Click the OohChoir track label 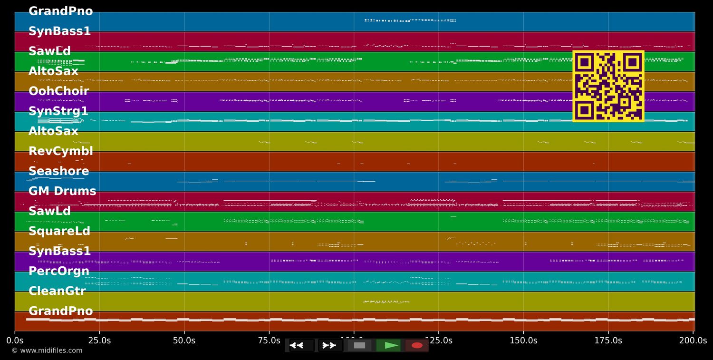point(58,91)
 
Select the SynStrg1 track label point(58,111)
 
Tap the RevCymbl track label point(60,151)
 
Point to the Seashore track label point(58,171)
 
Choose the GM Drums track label point(62,191)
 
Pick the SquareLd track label point(59,231)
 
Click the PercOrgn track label point(59,271)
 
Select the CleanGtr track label point(57,291)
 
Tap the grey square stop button point(360,345)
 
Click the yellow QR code point(608,86)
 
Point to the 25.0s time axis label point(99,341)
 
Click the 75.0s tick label point(269,341)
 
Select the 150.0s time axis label point(523,341)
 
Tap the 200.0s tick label point(693,341)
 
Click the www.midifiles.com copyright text point(47,350)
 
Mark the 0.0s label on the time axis point(15,341)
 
